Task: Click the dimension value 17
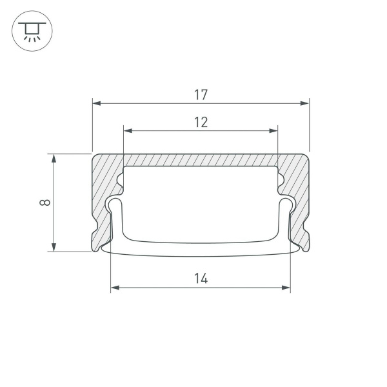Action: (201, 95)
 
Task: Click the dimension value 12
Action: (201, 122)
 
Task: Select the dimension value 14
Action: (201, 279)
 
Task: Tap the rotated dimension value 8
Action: (44, 202)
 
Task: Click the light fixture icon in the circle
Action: (32, 31)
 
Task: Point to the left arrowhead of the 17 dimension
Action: (97, 103)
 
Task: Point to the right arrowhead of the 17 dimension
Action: (305, 103)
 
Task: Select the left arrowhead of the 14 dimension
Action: (115, 288)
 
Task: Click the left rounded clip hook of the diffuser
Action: (115, 205)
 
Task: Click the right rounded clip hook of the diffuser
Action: (286, 205)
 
